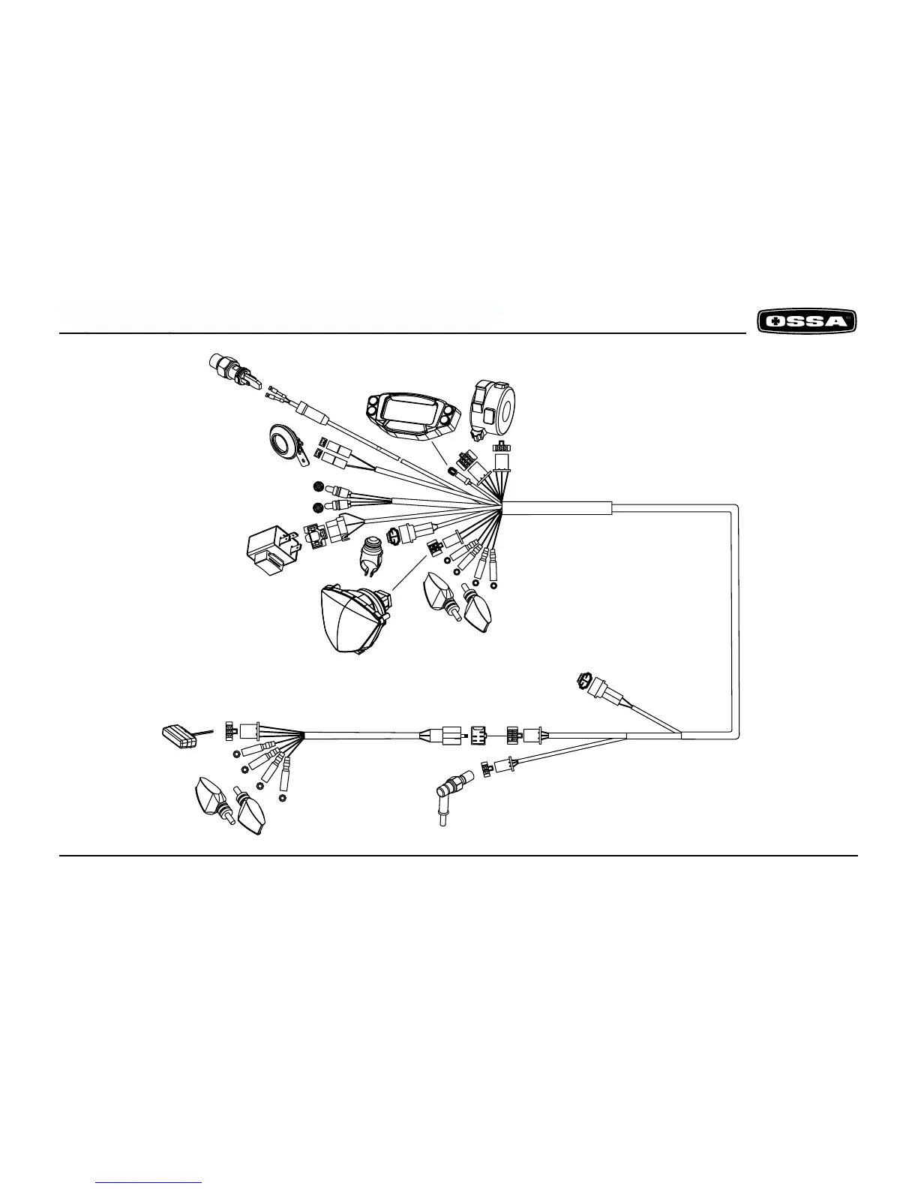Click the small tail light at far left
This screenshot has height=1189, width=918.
[180, 733]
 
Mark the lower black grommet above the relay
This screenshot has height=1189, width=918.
[317, 507]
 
